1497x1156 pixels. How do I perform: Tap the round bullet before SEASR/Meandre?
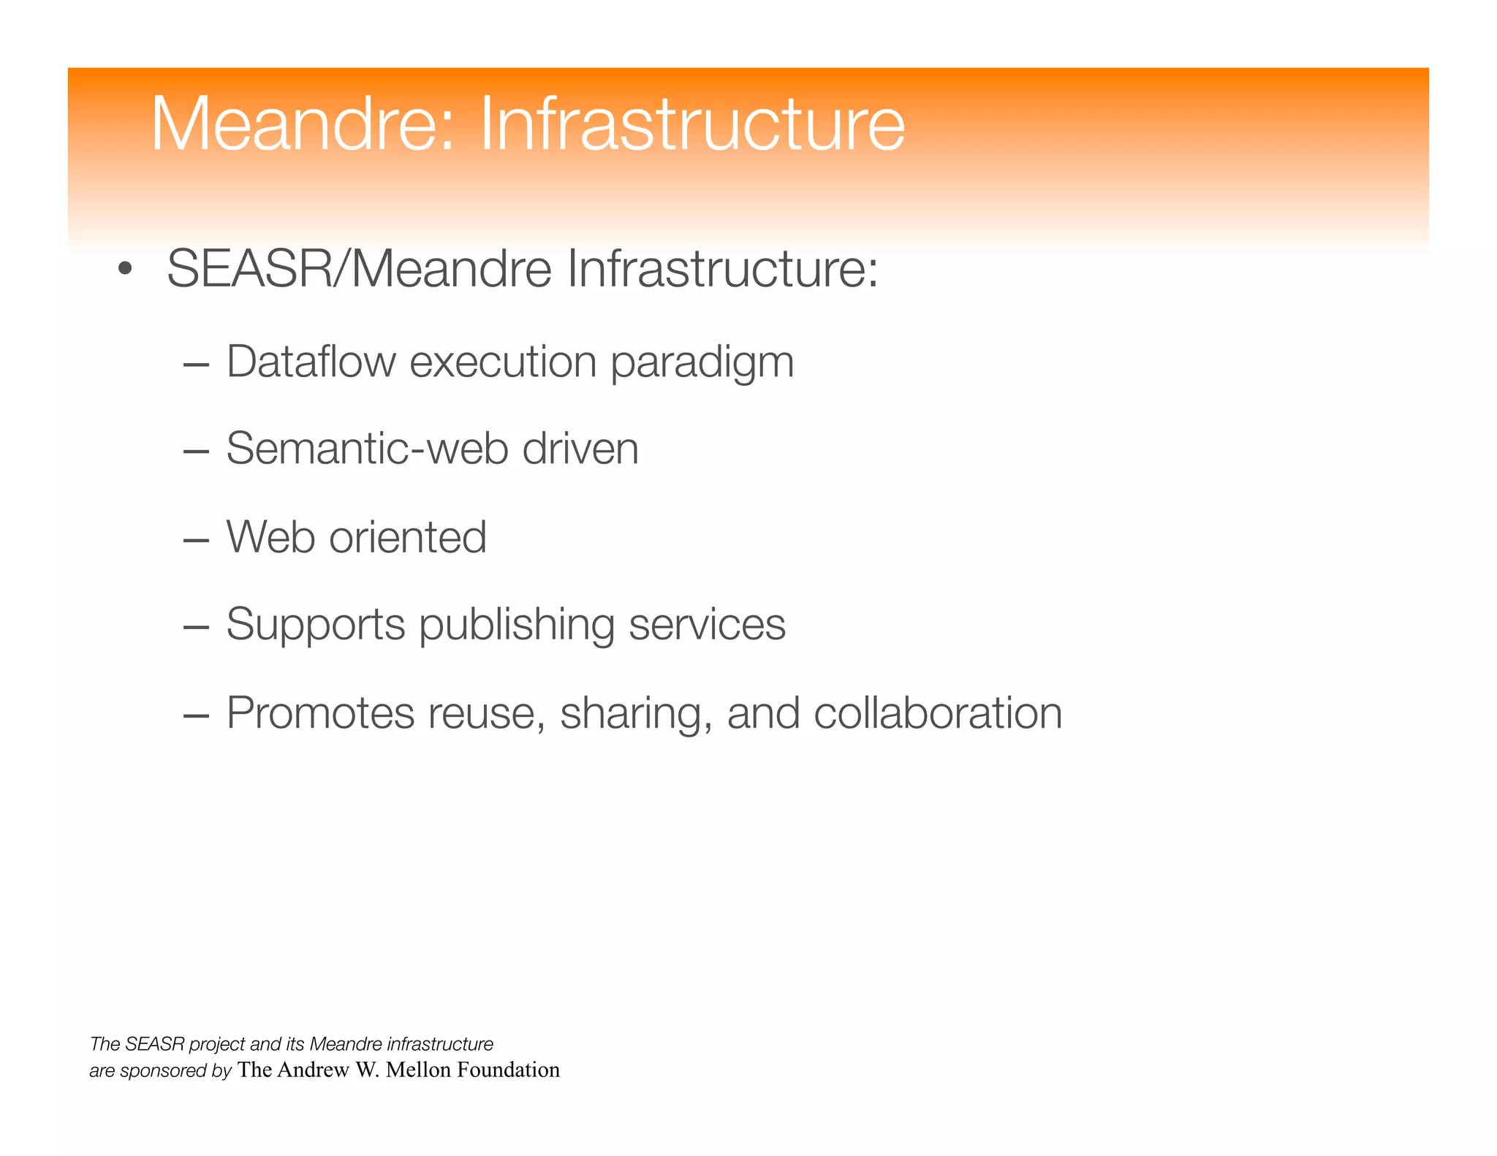(x=125, y=269)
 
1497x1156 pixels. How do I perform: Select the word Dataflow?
(x=311, y=362)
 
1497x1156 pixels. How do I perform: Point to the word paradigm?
(x=702, y=363)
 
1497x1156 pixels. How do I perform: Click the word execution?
(x=503, y=362)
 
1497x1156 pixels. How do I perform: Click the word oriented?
(x=407, y=537)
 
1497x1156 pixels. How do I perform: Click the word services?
(x=707, y=625)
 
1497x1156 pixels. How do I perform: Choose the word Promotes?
(x=320, y=713)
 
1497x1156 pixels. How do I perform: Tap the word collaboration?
(x=937, y=713)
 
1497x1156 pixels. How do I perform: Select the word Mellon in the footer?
(x=418, y=1070)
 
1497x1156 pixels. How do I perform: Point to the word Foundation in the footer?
(x=508, y=1070)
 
